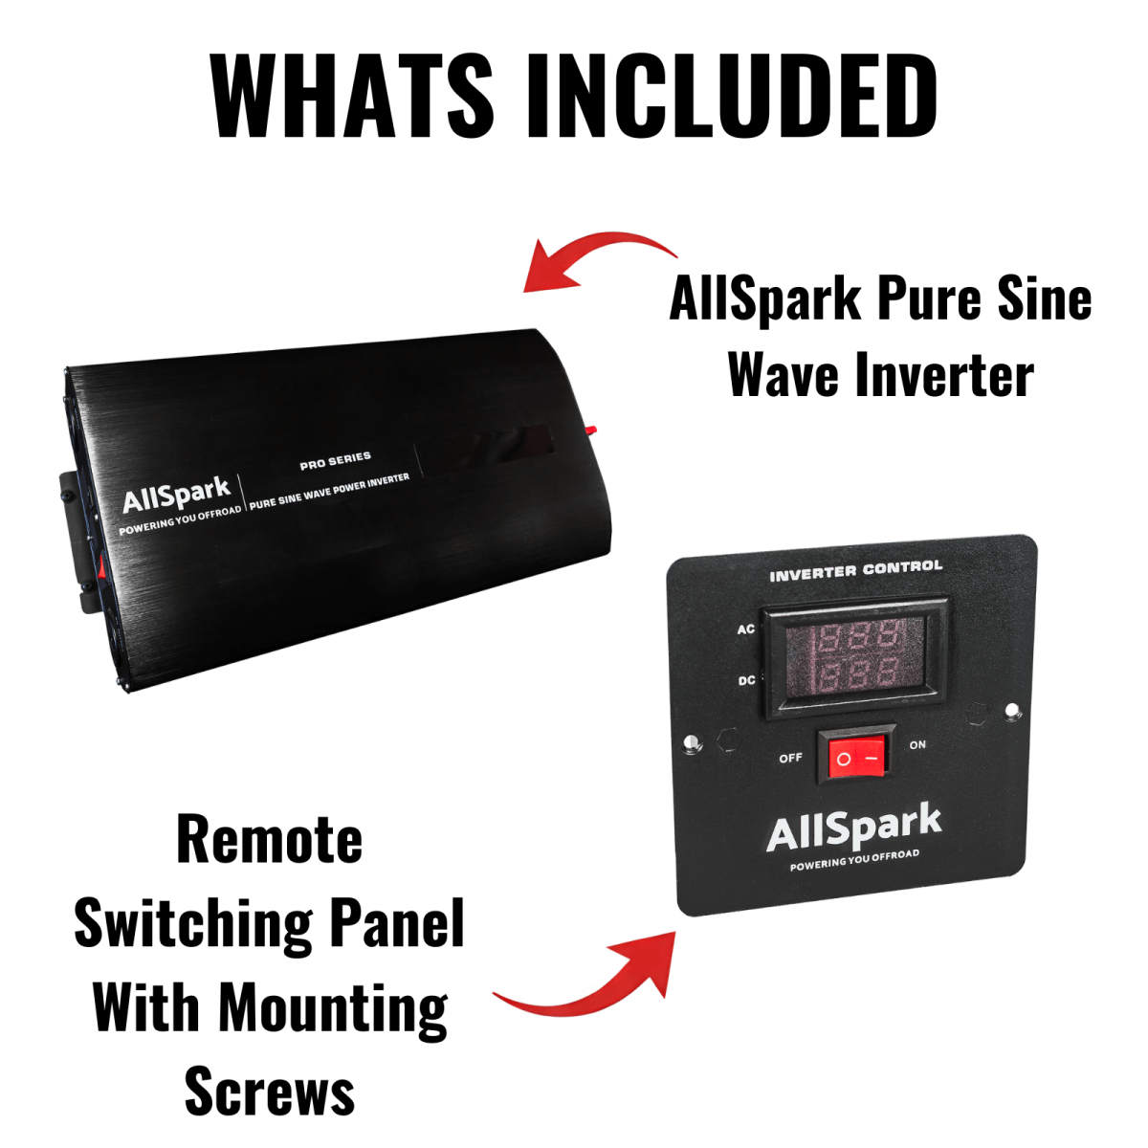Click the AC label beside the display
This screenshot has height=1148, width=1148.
click(746, 629)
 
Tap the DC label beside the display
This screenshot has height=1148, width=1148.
click(746, 681)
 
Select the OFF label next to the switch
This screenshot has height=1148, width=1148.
click(790, 758)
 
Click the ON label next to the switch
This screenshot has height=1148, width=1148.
click(917, 744)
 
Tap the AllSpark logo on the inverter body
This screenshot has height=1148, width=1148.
click(176, 496)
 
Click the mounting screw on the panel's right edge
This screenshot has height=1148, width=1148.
click(1012, 710)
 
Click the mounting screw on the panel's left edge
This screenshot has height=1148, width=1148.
click(690, 742)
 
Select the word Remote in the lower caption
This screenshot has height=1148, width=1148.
click(270, 840)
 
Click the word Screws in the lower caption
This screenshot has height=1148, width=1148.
click(270, 1093)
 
